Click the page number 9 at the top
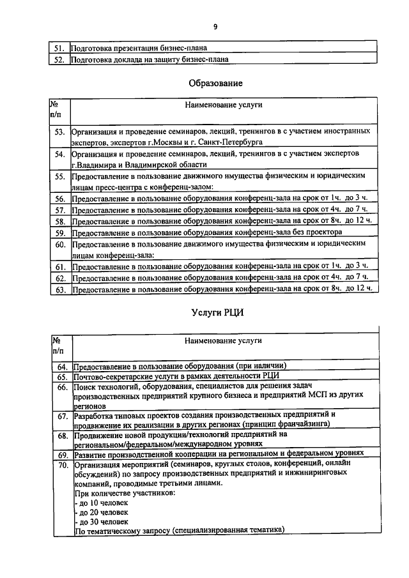coord(215,26)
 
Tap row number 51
coord(59,48)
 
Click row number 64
coord(62,366)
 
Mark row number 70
coord(62,465)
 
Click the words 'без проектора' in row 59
coord(318,232)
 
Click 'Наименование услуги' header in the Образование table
coord(224,104)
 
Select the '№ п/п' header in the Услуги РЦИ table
coord(59,344)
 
